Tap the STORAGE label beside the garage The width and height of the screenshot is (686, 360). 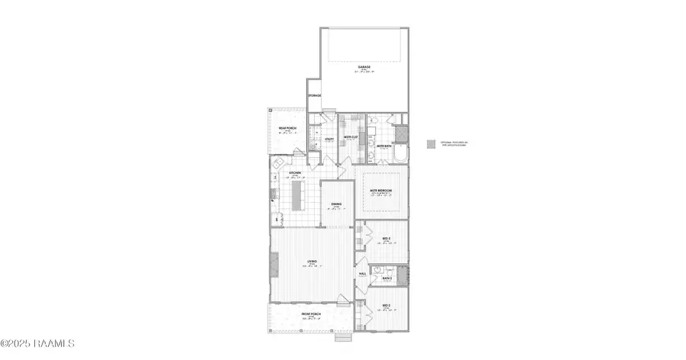(314, 95)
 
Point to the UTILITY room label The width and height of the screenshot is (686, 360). (329, 139)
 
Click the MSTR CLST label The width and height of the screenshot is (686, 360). (351, 137)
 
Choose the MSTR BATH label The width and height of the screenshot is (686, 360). (383, 145)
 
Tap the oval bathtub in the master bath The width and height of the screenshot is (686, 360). (399, 156)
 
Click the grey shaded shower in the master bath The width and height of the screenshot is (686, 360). (401, 133)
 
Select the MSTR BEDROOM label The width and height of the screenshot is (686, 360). (381, 191)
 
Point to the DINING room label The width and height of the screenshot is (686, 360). (336, 204)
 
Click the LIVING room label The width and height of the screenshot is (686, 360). (312, 262)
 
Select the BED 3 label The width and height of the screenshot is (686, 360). (386, 239)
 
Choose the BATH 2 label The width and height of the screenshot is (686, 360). (386, 278)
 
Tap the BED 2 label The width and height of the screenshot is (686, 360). (386, 306)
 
